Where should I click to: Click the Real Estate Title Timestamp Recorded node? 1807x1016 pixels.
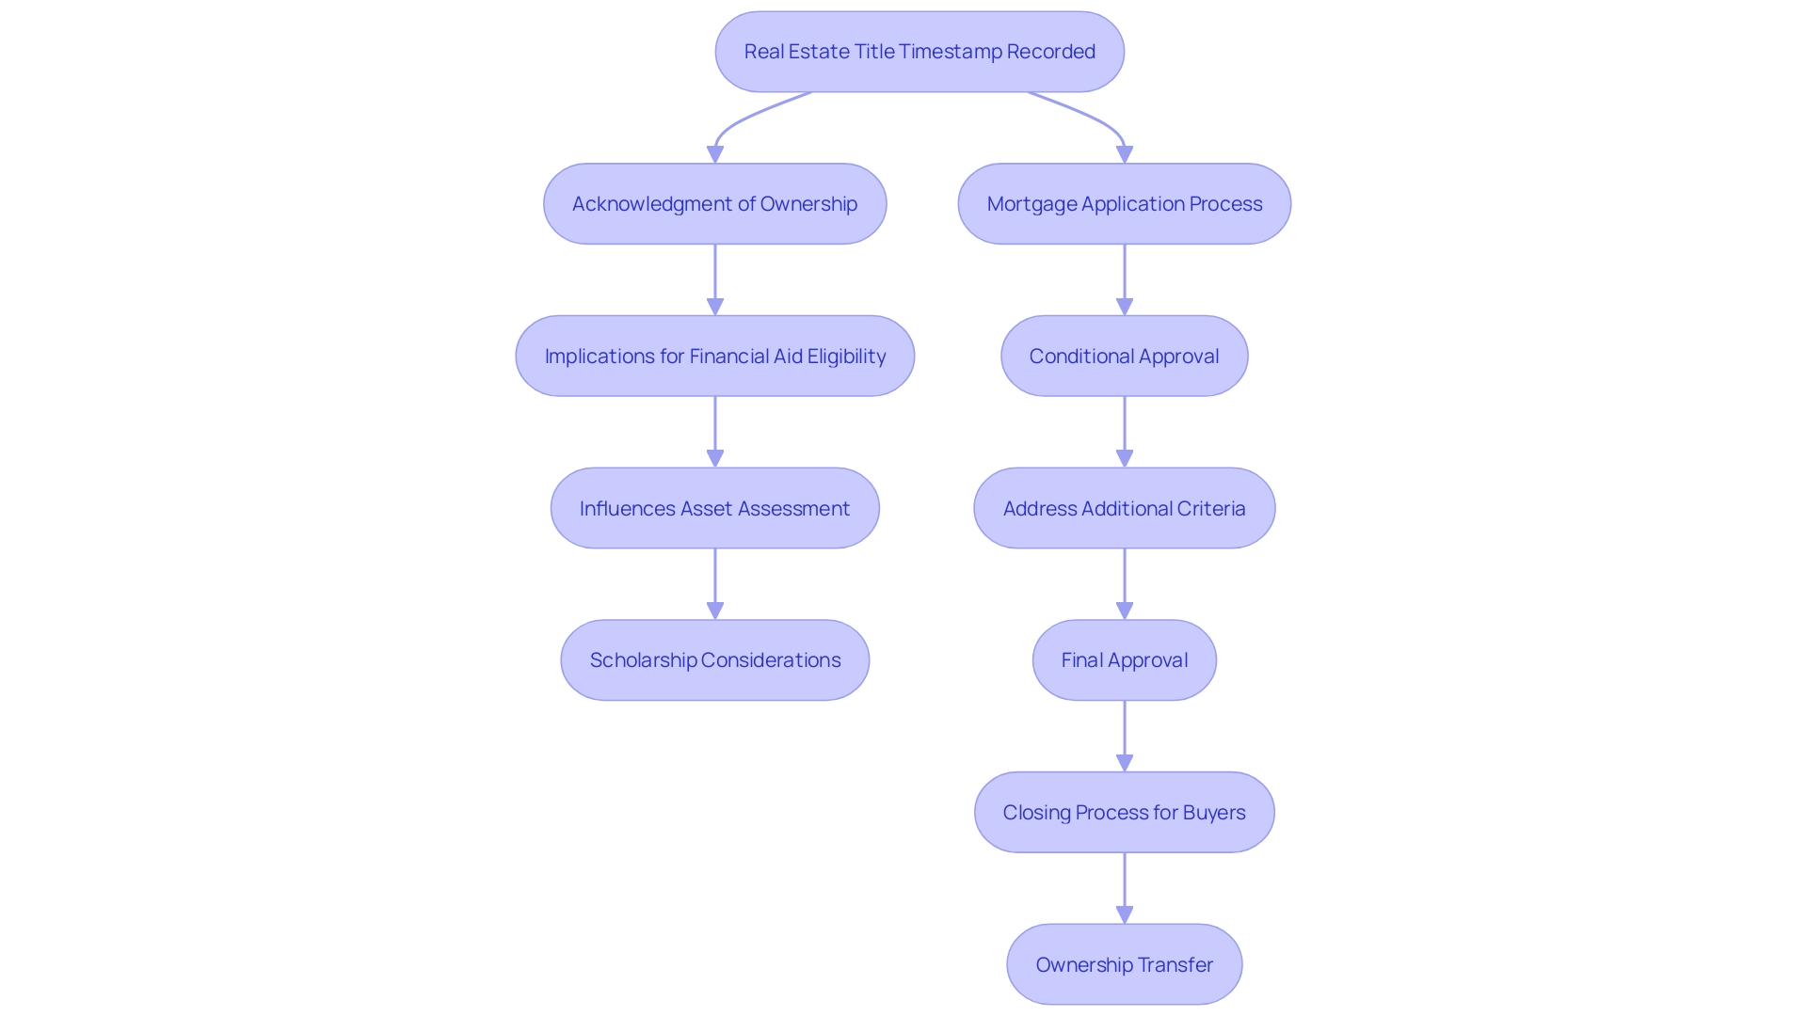pos(919,52)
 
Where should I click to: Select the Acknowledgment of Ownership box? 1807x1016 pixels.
pos(714,204)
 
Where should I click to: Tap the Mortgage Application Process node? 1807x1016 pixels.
pos(1124,204)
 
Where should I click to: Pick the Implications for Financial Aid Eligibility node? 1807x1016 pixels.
pos(714,357)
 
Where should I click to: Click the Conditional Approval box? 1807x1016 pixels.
pos(1124,357)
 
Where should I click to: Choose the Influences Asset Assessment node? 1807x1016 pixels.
pos(714,509)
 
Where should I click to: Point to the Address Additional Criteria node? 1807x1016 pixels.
pos(1124,509)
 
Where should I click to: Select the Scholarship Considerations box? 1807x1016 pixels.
pos(714,660)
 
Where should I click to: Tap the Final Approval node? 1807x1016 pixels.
pos(1124,660)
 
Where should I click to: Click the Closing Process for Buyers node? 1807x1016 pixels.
pos(1124,813)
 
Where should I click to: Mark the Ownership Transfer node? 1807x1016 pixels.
pos(1124,965)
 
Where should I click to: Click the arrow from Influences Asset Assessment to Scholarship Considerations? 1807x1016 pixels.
pos(714,582)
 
